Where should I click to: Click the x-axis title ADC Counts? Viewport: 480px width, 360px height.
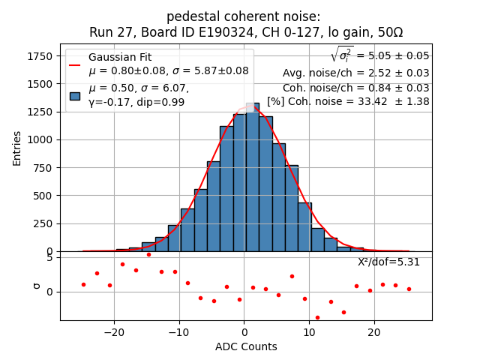tap(246, 346)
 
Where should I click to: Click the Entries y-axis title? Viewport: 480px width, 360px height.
tap(17, 148)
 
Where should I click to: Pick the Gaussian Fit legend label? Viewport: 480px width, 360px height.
tap(120, 57)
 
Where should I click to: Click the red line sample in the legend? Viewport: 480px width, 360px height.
tap(75, 64)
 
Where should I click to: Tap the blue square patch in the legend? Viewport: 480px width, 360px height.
tap(75, 95)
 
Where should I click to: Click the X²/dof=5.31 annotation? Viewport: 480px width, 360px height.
tap(388, 262)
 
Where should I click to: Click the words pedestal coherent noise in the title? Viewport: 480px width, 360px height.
tap(243, 16)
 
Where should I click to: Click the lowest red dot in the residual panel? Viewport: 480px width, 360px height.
tap(317, 317)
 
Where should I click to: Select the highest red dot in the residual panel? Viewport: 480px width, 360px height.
tap(148, 254)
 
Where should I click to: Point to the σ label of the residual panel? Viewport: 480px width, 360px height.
tap(35, 286)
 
